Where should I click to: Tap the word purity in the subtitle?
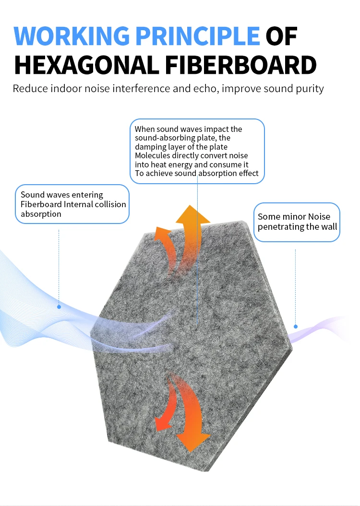[x=310, y=89]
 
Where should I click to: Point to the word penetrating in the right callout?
[x=277, y=226]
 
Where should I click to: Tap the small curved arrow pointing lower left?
[x=161, y=422]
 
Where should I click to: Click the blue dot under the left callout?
[x=59, y=306]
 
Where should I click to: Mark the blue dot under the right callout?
[x=296, y=327]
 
